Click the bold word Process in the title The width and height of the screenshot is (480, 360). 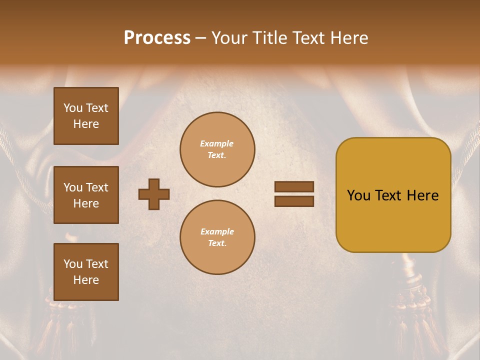click(157, 38)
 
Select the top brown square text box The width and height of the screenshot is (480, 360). click(86, 116)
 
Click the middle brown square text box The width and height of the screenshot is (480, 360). click(86, 195)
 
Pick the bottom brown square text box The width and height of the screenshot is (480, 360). click(86, 272)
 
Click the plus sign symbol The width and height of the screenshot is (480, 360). click(154, 194)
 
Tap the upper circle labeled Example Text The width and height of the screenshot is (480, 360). click(217, 149)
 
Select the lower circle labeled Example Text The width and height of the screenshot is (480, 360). click(217, 237)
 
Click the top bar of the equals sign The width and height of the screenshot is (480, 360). click(294, 186)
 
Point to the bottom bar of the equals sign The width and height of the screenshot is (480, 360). click(294, 201)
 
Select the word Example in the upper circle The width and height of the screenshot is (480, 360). click(216, 143)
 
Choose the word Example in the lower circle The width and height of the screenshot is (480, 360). click(217, 231)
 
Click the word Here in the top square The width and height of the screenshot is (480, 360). click(86, 124)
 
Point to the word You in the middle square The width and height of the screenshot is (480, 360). click(73, 187)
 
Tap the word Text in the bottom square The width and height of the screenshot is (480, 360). click(97, 264)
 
